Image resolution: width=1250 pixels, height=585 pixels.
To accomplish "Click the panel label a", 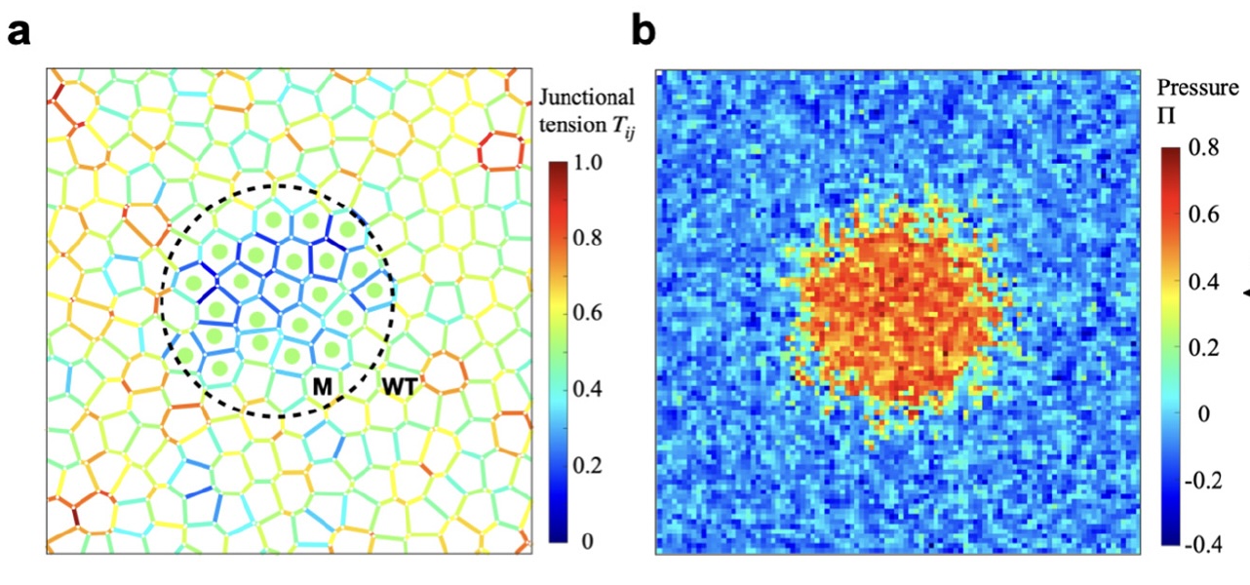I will tap(20, 31).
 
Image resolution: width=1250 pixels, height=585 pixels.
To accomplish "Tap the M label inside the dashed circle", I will tap(323, 388).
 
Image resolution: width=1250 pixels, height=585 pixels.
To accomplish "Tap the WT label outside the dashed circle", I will tap(399, 388).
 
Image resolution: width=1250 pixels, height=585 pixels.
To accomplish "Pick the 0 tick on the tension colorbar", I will tap(585, 541).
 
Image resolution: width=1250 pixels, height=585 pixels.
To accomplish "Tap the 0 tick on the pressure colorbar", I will tap(1202, 413).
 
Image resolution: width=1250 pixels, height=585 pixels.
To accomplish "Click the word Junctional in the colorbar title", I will tap(586, 97).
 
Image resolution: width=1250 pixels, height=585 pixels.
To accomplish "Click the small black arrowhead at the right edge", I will tap(1245, 290).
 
